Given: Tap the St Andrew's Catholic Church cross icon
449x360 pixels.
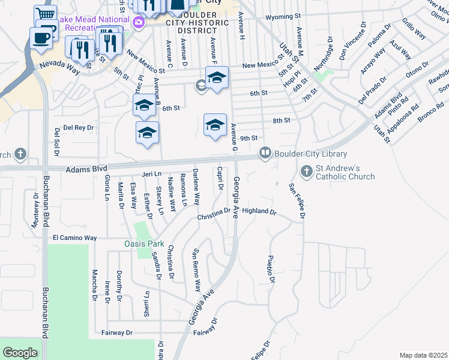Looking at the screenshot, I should coord(307,172).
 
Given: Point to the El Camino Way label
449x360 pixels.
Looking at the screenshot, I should coord(74,238).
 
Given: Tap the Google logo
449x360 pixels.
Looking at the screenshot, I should coord(20,353).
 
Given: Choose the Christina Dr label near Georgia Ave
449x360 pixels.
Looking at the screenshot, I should coord(214,214).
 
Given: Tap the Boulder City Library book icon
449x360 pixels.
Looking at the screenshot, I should coord(264,154).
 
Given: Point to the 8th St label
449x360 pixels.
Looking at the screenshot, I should coord(282,121).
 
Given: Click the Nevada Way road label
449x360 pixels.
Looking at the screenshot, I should coord(60,67).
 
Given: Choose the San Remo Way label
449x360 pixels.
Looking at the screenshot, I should coord(196,270).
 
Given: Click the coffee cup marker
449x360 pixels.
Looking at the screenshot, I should coord(41,37).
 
